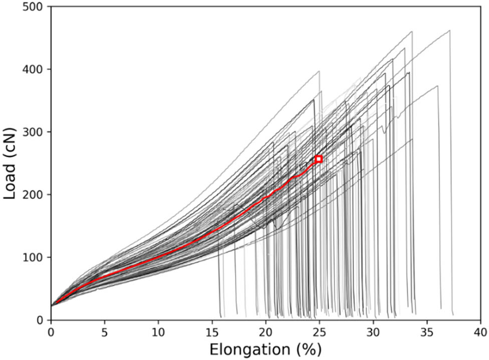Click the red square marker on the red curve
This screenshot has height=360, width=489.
click(319, 159)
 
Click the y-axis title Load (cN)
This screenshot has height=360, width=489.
click(11, 163)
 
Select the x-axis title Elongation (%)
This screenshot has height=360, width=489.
click(265, 349)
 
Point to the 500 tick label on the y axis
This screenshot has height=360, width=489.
click(36, 7)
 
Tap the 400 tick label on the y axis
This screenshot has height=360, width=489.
click(36, 69)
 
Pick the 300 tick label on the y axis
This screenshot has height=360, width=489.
click(36, 132)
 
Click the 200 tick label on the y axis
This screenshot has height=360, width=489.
click(36, 195)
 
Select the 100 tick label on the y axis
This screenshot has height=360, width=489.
click(36, 257)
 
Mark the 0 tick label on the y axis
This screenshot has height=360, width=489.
click(42, 320)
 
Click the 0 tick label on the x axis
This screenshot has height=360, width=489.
click(51, 331)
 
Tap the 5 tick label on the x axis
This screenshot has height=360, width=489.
click(104, 331)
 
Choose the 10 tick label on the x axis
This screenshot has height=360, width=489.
click(158, 331)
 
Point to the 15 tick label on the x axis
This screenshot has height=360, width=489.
click(212, 331)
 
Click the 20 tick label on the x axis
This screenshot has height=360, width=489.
click(266, 331)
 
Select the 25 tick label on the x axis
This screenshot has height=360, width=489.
click(319, 331)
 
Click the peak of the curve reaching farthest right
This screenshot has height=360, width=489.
click(449, 30)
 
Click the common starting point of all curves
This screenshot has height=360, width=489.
click(52, 305)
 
